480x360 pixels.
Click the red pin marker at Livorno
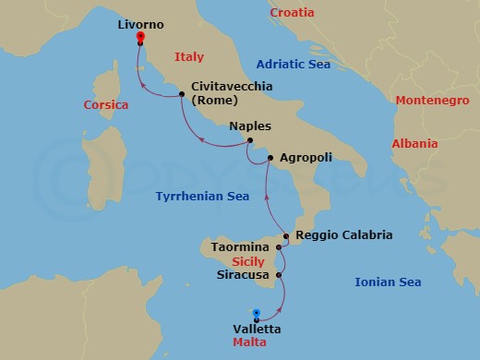(139, 38)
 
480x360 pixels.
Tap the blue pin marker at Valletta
(257, 314)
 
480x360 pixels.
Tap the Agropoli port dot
(270, 159)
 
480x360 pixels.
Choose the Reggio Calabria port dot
(287, 237)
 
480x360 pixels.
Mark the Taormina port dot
(282, 248)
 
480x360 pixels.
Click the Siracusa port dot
(281, 274)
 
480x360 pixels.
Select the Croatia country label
(292, 13)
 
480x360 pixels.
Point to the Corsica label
(105, 105)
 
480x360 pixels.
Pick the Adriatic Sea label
(294, 65)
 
